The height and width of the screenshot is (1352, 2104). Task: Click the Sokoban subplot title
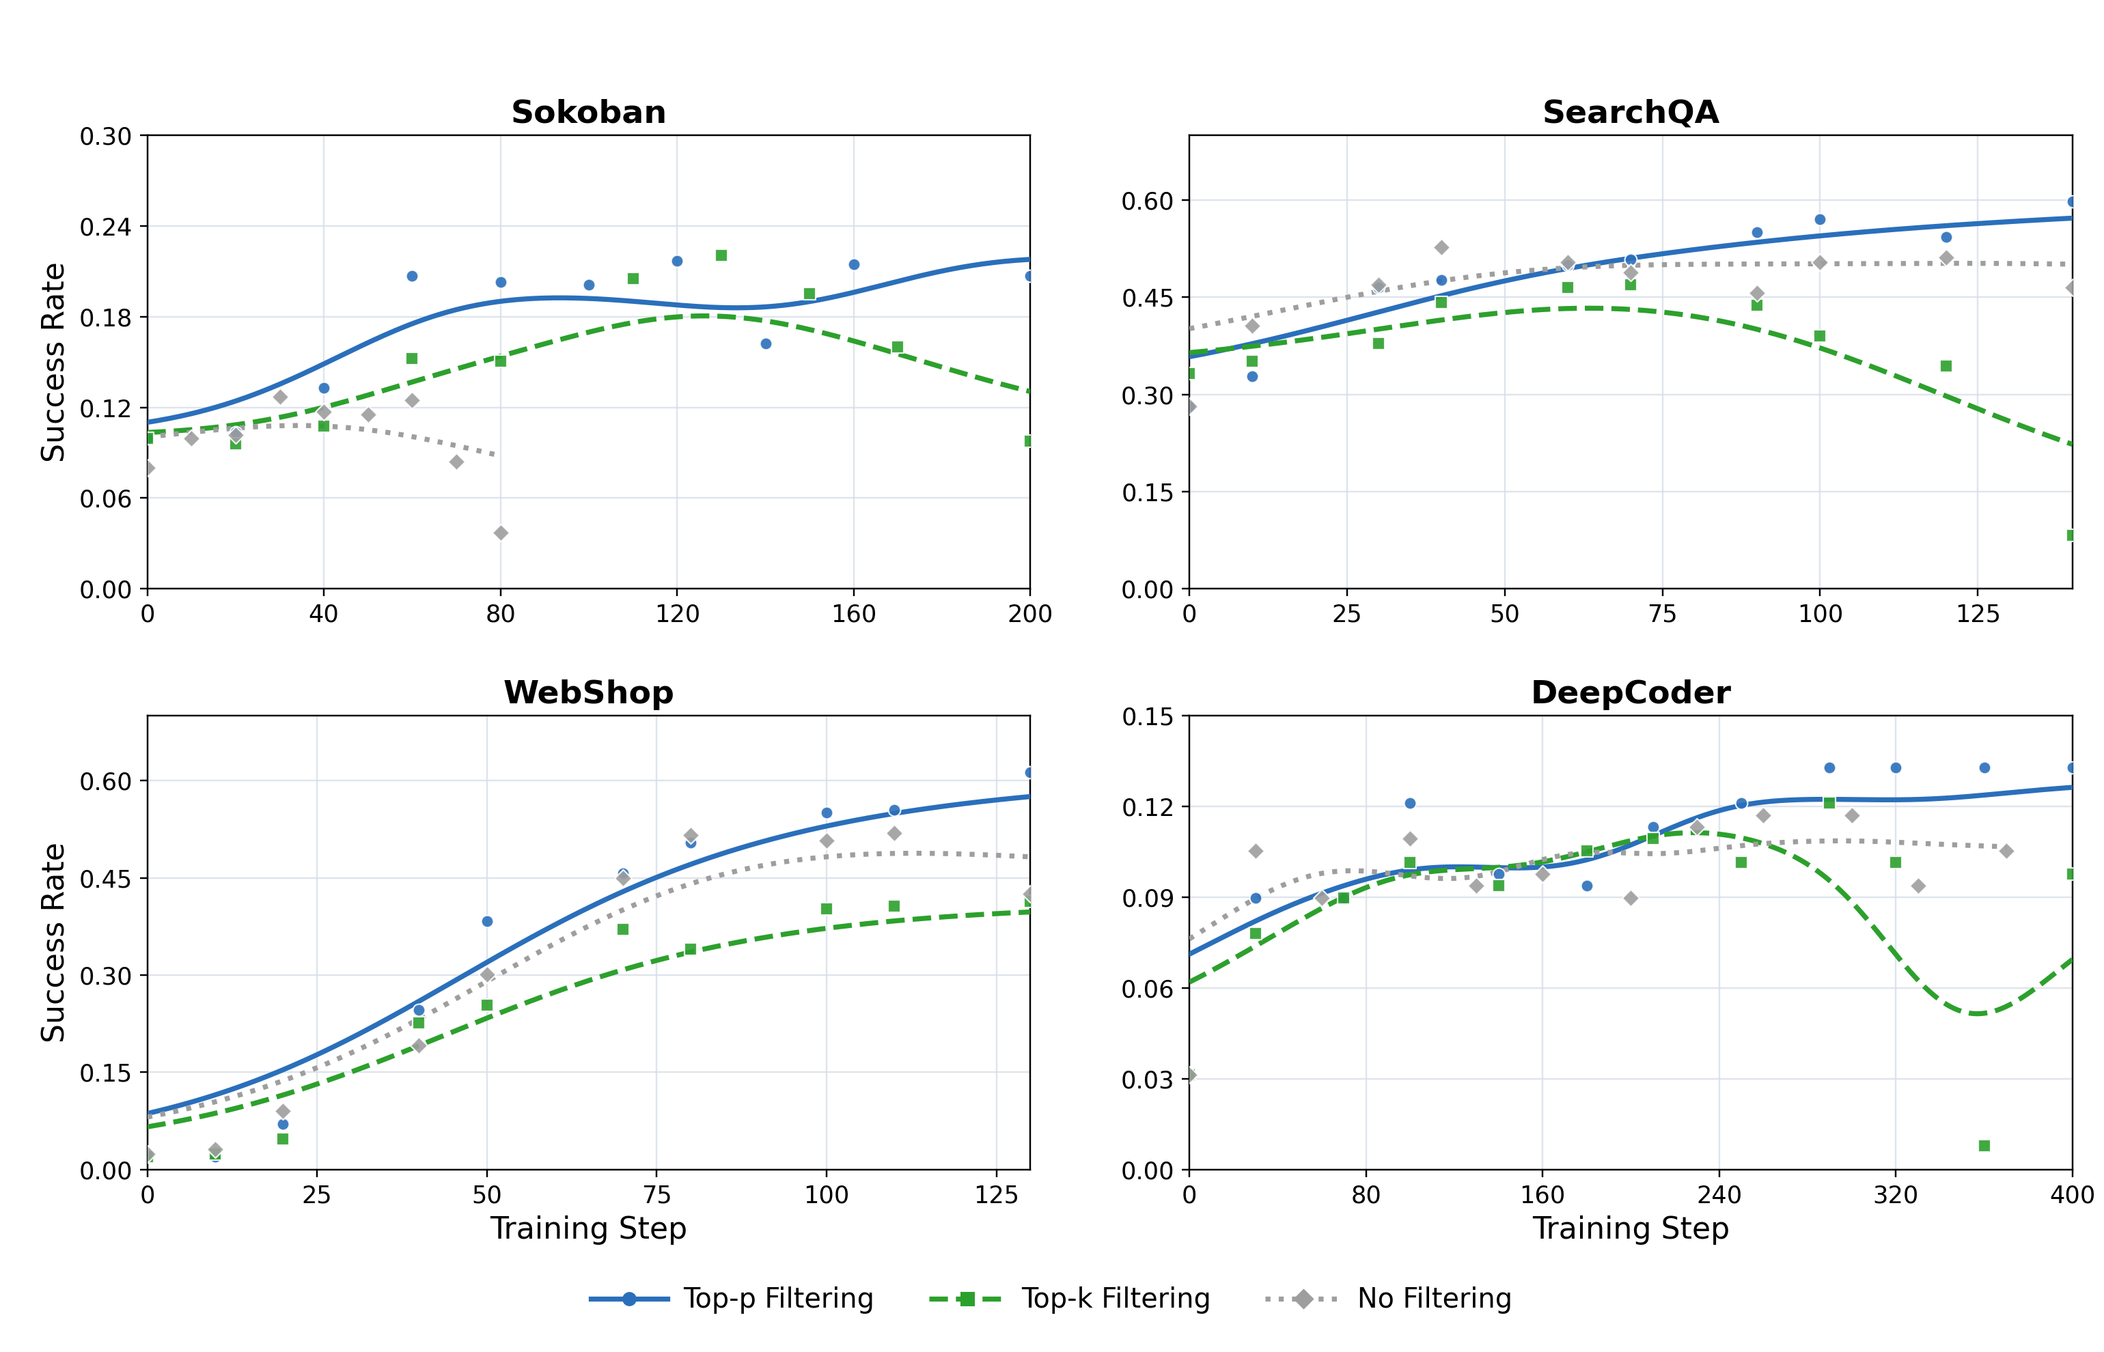[587, 113]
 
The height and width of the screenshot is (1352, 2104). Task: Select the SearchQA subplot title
[1630, 113]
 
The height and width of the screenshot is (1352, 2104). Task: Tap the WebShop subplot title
[587, 692]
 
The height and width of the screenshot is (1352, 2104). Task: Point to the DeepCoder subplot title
[1630, 692]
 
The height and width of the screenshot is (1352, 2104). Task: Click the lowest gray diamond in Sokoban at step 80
[501, 533]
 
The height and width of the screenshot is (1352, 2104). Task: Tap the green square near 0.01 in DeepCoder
[1984, 1146]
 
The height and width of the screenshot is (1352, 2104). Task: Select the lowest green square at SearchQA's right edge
[2070, 535]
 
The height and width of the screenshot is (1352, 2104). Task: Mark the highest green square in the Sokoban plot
[721, 255]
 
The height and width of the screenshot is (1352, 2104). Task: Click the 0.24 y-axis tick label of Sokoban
[105, 227]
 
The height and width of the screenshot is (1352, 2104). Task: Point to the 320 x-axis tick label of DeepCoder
[1895, 1195]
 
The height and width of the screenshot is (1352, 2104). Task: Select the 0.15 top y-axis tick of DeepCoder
[1147, 717]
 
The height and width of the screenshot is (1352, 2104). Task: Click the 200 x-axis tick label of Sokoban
[1029, 615]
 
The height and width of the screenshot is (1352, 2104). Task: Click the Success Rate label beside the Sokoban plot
[53, 362]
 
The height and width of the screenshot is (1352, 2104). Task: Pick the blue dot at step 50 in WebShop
[487, 922]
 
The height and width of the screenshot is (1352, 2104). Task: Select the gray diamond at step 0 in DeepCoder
[1190, 1075]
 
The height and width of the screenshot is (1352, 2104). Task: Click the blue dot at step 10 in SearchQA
[1252, 377]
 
